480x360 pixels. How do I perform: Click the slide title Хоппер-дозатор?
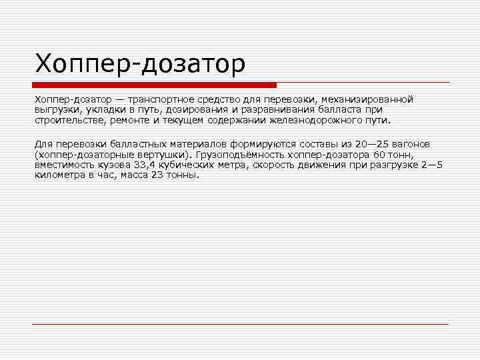(140, 64)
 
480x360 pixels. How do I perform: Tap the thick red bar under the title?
(154, 85)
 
